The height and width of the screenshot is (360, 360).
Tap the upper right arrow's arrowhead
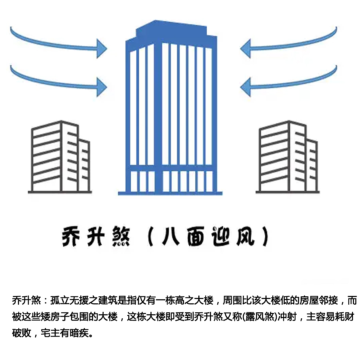(x=245, y=48)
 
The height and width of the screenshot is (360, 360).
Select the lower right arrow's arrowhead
(x=245, y=87)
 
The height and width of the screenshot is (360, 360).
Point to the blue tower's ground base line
(x=170, y=193)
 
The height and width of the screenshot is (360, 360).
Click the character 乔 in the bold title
(x=71, y=237)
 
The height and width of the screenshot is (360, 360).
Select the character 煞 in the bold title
(x=121, y=237)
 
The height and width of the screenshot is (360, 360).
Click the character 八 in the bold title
(x=171, y=237)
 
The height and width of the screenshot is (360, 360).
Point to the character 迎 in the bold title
(x=220, y=237)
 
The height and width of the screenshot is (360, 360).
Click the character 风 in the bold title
(x=245, y=237)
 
